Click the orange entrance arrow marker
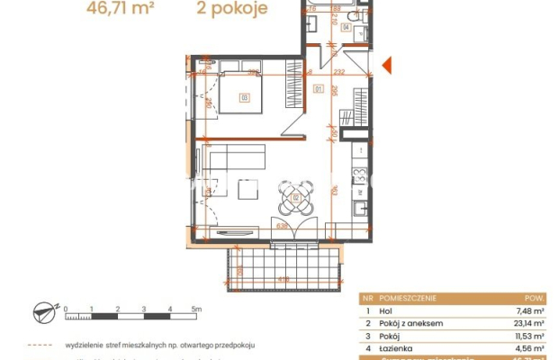click(387, 65)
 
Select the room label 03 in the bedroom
click(243, 97)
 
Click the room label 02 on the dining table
click(295, 196)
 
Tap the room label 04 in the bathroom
click(346, 27)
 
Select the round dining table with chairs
click(295, 196)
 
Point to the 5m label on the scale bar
click(197, 308)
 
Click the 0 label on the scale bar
click(67, 308)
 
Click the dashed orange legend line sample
click(41, 344)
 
